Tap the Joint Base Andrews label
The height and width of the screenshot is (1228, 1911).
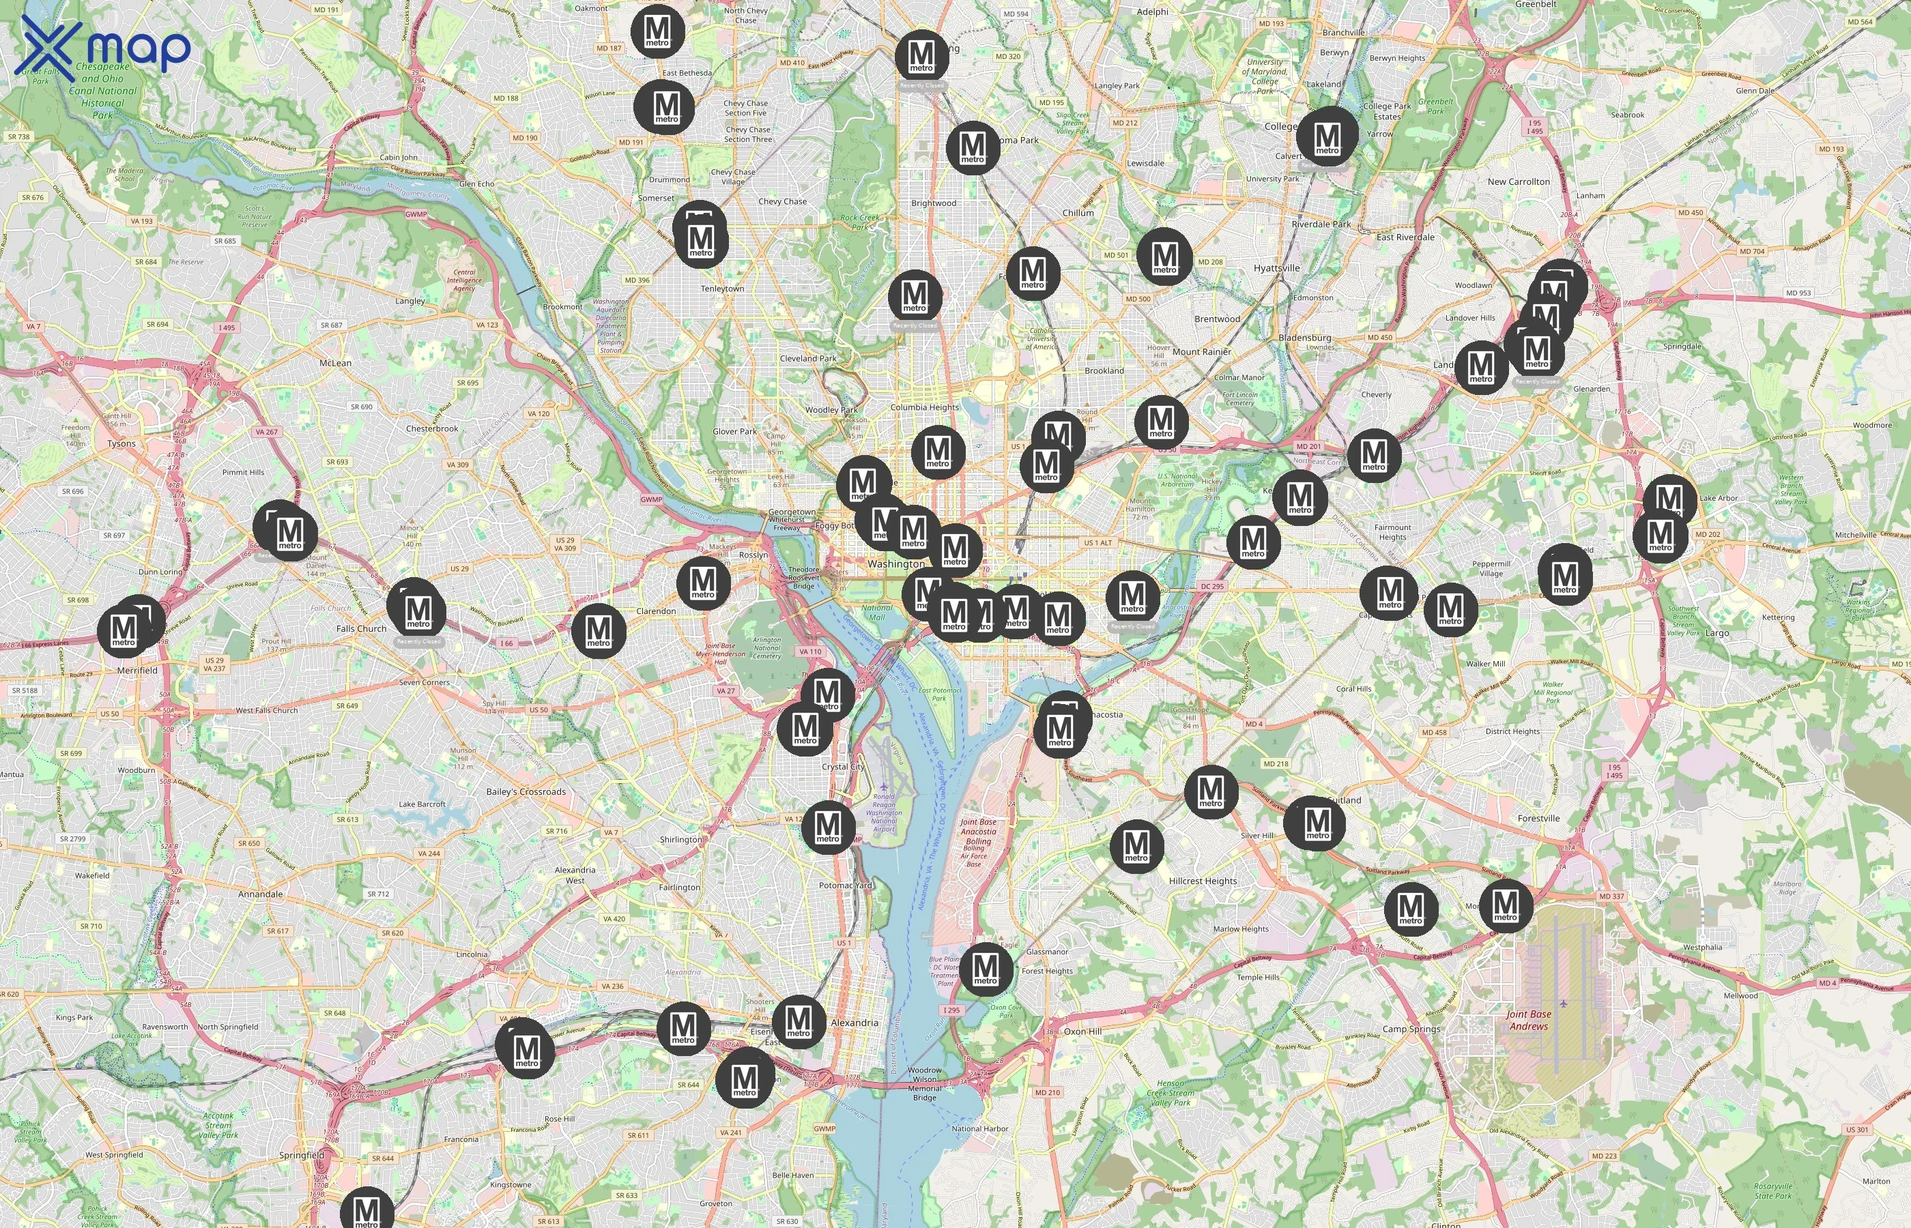1528,1020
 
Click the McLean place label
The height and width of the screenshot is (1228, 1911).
335,363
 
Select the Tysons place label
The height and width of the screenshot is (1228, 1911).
121,443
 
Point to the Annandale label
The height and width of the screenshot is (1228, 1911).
260,894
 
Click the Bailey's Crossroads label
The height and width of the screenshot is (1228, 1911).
526,792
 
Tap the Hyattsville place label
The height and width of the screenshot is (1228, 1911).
1276,268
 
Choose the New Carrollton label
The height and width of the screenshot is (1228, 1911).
1518,181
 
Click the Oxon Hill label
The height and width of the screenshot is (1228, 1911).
1082,1031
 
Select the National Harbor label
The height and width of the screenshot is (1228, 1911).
979,1128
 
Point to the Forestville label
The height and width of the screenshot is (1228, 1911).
1538,818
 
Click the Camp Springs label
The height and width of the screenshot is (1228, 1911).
1411,1029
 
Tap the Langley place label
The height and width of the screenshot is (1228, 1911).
410,301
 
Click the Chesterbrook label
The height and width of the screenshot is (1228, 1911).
431,428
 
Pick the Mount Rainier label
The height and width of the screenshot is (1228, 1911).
1201,351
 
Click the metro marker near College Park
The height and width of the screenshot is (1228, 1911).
1327,136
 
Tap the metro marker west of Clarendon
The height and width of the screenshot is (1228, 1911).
598,630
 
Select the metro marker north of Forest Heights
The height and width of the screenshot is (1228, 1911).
986,968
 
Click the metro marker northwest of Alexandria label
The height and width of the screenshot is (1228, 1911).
799,1021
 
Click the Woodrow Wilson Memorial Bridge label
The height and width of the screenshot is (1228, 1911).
924,1083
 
